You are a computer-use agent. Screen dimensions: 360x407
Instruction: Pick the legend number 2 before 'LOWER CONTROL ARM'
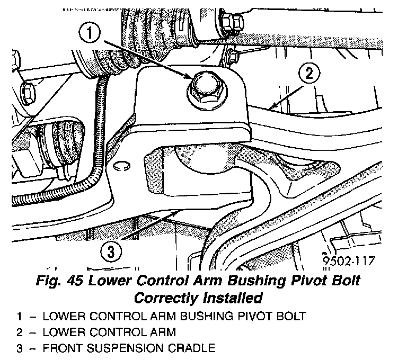20,333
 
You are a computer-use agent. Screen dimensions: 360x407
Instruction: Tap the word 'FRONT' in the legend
60,348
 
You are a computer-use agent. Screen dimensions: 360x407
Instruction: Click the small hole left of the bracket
119,165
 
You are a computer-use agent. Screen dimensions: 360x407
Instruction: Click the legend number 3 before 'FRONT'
20,348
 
